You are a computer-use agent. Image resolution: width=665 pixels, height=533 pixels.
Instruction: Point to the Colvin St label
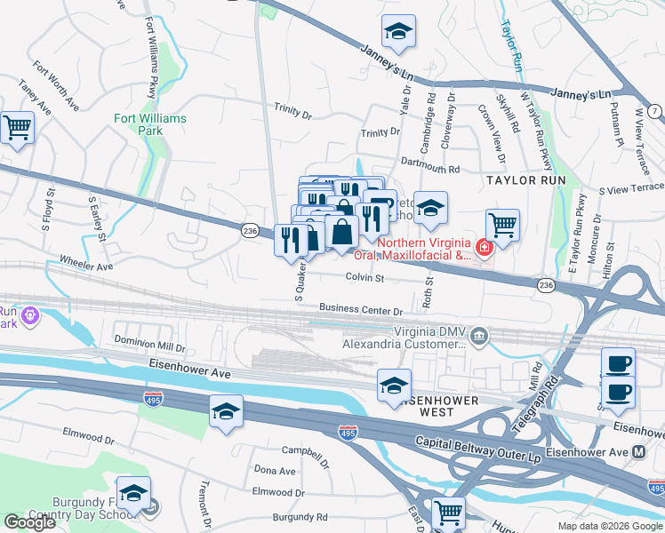pyautogui.click(x=365, y=278)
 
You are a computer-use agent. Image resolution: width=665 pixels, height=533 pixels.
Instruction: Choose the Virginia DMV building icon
pyautogui.click(x=479, y=335)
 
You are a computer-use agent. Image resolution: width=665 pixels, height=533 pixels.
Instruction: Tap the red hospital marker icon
pyautogui.click(x=484, y=247)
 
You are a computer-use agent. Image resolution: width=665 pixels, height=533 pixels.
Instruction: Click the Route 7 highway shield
pyautogui.click(x=654, y=111)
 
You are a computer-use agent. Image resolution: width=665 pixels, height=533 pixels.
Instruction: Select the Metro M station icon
pyautogui.click(x=639, y=452)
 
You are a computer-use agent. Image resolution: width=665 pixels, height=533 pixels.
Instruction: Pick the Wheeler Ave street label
pyautogui.click(x=86, y=264)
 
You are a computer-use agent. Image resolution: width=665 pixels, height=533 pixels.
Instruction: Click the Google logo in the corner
pyautogui.click(x=29, y=522)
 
